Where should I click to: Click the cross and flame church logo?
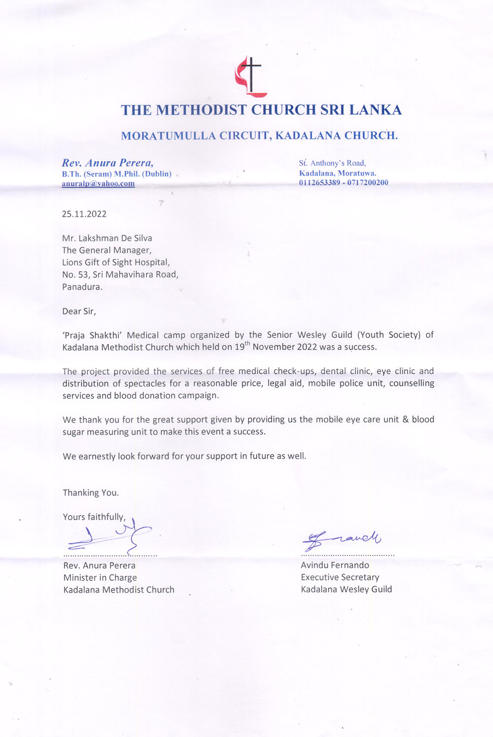pos(250,76)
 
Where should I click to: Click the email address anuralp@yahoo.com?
pos(98,183)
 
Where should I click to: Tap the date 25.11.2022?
pos(84,214)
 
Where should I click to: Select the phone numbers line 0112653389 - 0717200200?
pos(343,182)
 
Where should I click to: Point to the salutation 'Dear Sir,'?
pos(79,311)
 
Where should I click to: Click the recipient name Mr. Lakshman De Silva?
pos(107,238)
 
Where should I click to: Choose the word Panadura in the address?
pos(82,287)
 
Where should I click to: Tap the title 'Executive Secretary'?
pos(340,577)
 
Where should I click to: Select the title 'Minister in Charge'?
pos(100,578)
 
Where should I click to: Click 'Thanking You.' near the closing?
pos(91,492)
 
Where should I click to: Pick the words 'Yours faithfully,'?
pos(94,517)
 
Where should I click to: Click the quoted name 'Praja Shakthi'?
pos(92,335)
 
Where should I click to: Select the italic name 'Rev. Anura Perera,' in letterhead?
pos(107,163)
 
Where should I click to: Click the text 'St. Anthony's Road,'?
pos(332,163)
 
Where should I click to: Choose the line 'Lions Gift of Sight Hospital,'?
pos(116,262)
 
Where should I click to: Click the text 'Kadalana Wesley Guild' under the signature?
pos(346,589)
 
